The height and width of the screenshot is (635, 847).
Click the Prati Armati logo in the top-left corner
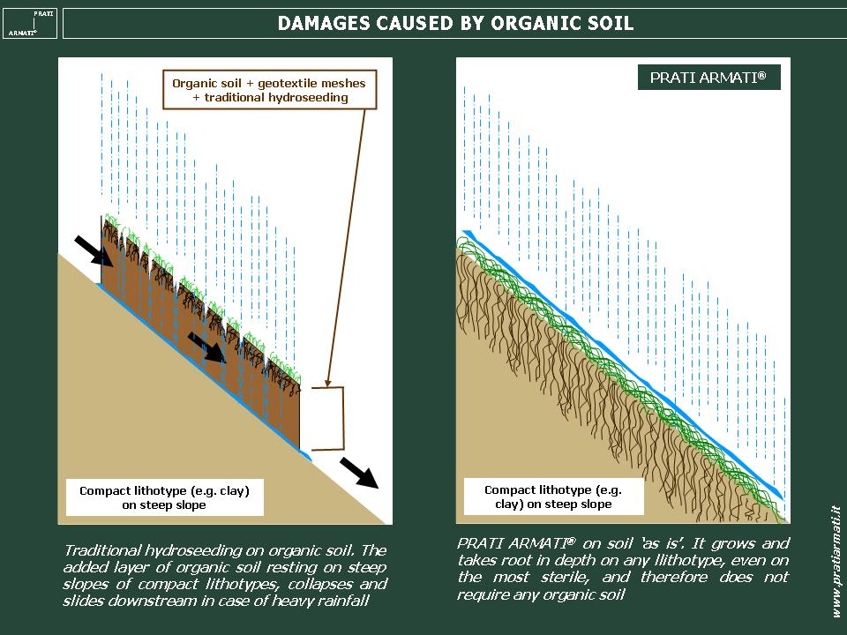click(30, 23)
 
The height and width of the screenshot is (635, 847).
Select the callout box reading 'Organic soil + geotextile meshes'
click(269, 90)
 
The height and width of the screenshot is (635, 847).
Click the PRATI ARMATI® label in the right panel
click(708, 78)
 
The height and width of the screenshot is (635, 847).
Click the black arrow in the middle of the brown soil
click(206, 347)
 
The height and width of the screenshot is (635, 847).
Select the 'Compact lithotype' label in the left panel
click(165, 497)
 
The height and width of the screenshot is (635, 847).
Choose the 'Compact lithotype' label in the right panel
click(554, 497)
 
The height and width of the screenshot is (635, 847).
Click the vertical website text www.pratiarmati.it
click(836, 562)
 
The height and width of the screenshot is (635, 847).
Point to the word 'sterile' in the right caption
click(564, 577)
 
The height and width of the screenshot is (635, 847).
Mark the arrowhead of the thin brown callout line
click(328, 381)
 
